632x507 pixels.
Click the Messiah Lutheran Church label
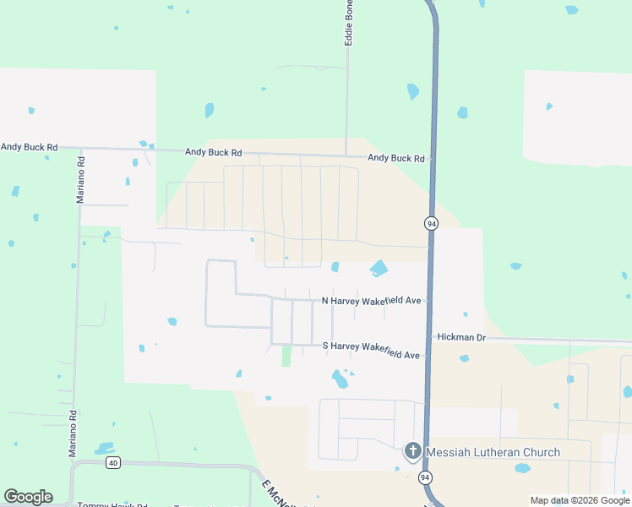coord(493,452)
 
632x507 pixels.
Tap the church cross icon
coord(413,451)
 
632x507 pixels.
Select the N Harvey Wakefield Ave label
coord(371,301)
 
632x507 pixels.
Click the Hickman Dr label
coord(462,337)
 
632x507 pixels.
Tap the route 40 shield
coord(113,462)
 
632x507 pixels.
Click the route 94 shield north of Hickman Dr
coord(431,223)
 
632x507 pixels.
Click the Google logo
coord(28,497)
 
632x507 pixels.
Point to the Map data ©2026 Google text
coord(580,501)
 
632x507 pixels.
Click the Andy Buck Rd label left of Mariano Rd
coord(30,147)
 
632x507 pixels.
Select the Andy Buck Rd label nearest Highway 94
coord(395,159)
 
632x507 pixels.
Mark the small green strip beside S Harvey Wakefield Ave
coord(286,356)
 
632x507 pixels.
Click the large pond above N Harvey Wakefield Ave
coord(379,269)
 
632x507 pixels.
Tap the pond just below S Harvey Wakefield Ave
coord(341,379)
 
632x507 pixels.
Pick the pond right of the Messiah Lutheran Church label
coord(522,467)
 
